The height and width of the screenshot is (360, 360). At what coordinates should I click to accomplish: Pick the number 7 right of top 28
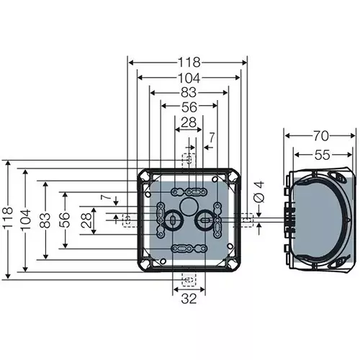[212, 137]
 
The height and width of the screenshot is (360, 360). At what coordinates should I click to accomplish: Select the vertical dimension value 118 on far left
[9, 219]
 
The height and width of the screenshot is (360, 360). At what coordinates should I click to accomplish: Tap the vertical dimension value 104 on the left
[26, 219]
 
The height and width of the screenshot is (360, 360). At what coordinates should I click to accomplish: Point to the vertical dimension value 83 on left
[45, 219]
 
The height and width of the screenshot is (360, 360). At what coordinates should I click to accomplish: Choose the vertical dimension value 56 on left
[64, 219]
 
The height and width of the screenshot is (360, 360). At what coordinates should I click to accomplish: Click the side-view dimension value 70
[321, 135]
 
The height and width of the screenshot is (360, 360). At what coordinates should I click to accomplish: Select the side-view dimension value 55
[321, 154]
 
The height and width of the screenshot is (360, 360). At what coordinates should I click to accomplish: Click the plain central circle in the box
[188, 207]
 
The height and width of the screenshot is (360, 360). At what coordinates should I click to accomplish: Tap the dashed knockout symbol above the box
[188, 158]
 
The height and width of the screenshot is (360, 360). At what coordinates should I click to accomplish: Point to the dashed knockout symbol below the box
[188, 280]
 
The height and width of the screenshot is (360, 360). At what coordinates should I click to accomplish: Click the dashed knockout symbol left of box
[127, 219]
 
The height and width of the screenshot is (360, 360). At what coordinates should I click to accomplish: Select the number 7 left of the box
[105, 197]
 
